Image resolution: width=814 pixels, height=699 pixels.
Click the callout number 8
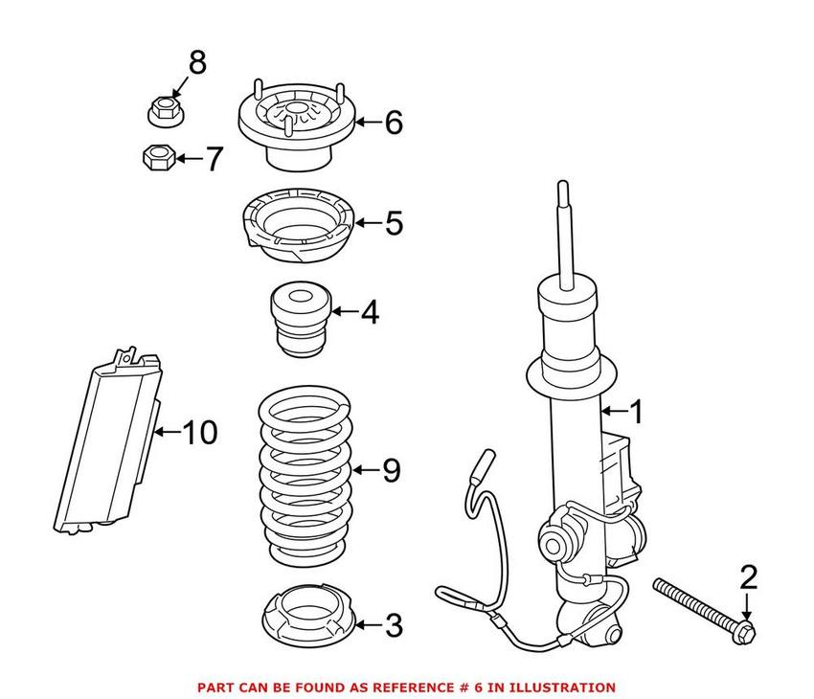tap(195, 65)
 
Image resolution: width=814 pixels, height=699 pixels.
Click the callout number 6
tap(394, 123)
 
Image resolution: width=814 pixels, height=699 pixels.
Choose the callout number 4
tap(370, 313)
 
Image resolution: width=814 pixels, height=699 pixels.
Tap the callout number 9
tap(391, 471)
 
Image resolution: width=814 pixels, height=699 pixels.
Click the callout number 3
tap(394, 627)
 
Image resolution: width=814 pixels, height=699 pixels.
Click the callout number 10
tap(199, 433)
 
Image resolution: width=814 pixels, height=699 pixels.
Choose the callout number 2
tap(748, 576)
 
